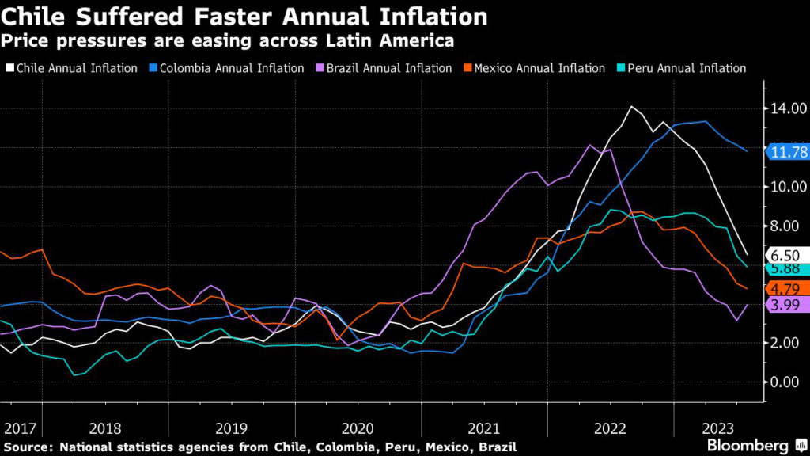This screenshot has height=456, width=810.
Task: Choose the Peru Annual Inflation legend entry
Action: pyautogui.click(x=683, y=68)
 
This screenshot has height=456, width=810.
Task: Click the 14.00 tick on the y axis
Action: pyautogui.click(x=782, y=108)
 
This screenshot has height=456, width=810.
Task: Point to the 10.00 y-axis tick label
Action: pyautogui.click(x=782, y=187)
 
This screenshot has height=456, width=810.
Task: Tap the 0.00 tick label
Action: pyautogui.click(x=785, y=382)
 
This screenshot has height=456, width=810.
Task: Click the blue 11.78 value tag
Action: pyautogui.click(x=784, y=152)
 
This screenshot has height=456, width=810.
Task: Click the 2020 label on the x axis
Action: pyautogui.click(x=358, y=428)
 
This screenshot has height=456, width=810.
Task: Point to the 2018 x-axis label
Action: pyautogui.click(x=105, y=428)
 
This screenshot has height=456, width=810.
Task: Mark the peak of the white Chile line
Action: pyautogui.click(x=631, y=106)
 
